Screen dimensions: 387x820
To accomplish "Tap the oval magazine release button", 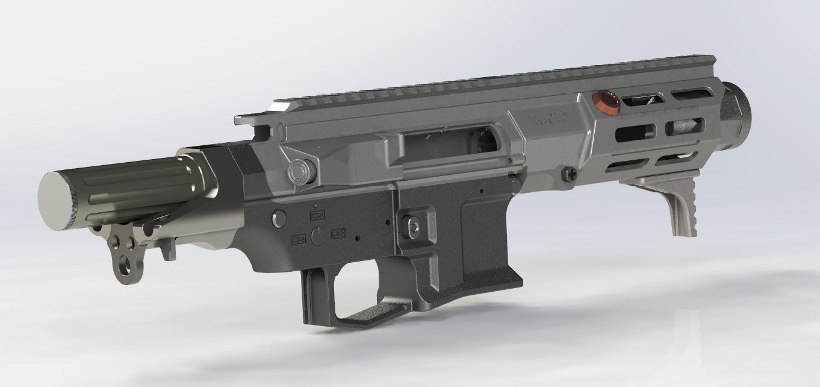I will pyautogui.click(x=415, y=222).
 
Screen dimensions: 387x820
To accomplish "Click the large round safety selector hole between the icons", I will pyautogui.click(x=319, y=234).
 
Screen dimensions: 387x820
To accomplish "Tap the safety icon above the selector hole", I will pyautogui.click(x=317, y=215).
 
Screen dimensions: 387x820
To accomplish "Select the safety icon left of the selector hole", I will pyautogui.click(x=298, y=239).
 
